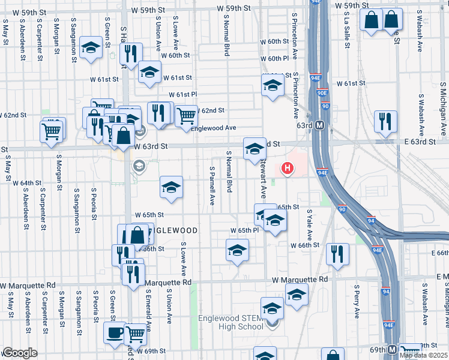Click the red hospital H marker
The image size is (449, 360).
pos(288,169)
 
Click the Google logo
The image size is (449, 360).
pos(19,353)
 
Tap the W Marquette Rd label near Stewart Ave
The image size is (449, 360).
pos(300,280)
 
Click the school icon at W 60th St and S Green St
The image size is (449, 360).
pos(91,48)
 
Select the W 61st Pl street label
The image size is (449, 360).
pos(182,95)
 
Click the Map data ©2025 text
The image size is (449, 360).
pos(424,355)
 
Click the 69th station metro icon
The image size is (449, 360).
pos(392,349)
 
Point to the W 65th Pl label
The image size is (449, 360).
pos(244,230)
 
